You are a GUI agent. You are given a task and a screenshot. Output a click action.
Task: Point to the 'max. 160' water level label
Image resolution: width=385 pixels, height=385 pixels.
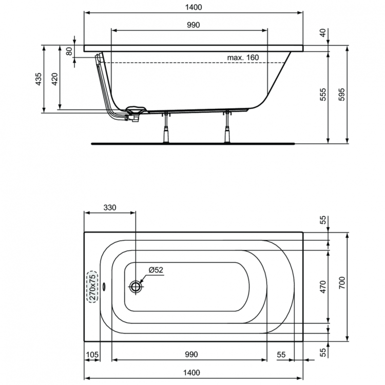tap(243, 57)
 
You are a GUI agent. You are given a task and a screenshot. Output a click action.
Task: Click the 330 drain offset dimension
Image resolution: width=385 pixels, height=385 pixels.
tap(110, 207)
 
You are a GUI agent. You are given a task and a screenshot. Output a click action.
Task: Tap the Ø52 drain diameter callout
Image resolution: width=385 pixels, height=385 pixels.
tap(156, 269)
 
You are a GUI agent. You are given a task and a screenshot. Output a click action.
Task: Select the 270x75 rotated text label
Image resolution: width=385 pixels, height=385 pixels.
tap(91, 287)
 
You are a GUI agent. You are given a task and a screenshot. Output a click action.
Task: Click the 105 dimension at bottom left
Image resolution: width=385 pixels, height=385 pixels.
tap(92, 354)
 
